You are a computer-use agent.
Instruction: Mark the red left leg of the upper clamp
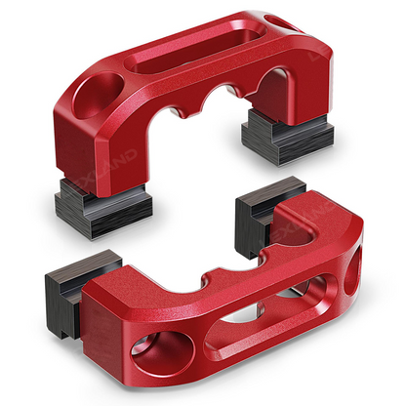click(98, 156)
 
